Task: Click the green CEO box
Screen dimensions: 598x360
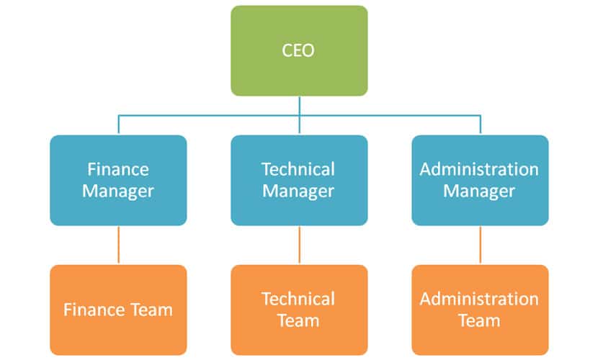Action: [x=300, y=50]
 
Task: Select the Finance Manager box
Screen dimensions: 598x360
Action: [x=118, y=180]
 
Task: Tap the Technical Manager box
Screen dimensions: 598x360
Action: [x=300, y=180]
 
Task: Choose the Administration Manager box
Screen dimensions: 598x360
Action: [x=480, y=180]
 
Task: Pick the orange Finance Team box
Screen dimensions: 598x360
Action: [x=118, y=310]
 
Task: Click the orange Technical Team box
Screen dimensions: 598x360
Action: [x=300, y=310]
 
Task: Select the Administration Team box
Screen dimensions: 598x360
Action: [x=480, y=310]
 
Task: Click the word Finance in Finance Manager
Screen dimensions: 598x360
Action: [x=118, y=169]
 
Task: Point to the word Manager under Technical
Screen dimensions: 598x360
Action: [x=298, y=192]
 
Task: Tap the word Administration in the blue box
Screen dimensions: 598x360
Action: [x=479, y=169]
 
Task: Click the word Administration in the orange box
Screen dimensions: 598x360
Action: [x=479, y=299]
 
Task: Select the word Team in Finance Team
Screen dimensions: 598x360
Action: [x=152, y=310]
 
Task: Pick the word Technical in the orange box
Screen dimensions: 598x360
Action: [x=298, y=299]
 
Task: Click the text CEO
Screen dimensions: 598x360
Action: [x=298, y=50]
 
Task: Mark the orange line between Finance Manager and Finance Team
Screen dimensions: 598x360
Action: [x=119, y=246]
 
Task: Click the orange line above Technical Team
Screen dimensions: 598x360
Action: [x=300, y=246]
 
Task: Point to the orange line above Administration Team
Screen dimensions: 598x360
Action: [x=480, y=246]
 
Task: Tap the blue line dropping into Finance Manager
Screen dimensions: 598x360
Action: [x=119, y=125]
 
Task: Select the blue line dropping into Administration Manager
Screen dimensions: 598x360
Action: [x=480, y=125]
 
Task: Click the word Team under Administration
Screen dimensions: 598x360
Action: [x=479, y=321]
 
